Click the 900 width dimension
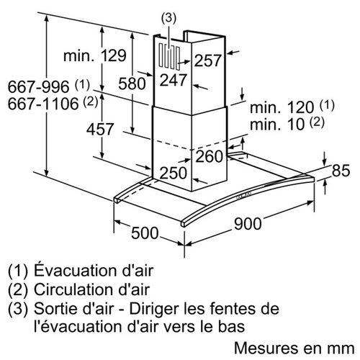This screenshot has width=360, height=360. coord(248,224)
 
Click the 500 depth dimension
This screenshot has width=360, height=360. coord(145,233)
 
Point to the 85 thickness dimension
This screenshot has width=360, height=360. coord(341,171)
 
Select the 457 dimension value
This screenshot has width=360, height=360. coord(100,129)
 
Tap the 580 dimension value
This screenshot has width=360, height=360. coord(132,84)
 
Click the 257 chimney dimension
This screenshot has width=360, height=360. coord(207,60)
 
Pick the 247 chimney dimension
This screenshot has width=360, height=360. coord(173,80)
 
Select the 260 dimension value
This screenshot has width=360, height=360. coord(210,156)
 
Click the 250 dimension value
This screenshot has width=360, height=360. coord(173,173)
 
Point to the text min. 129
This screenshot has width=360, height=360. coord(95,55)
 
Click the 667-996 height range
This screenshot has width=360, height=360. coord(38,86)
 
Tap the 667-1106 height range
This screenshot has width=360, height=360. coord(43,104)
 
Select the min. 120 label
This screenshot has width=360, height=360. coord(282,107)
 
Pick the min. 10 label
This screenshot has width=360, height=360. coord(277,125)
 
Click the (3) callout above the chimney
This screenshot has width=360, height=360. coord(168,19)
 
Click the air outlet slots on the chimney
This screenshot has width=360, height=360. coord(169,56)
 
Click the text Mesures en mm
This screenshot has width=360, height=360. coord(294,348)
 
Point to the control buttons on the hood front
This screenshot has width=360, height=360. coord(243,196)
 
